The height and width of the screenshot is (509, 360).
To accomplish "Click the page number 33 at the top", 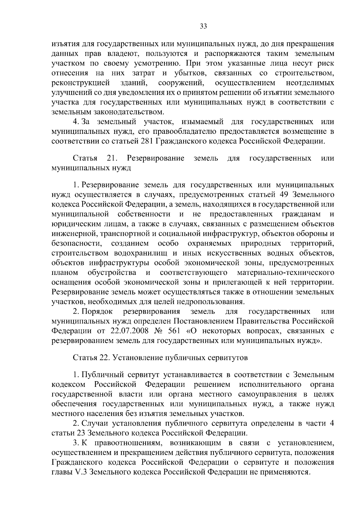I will pyautogui.click(x=203, y=26).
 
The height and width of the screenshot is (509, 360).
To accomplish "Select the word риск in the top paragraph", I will pyautogui.click(x=325, y=64).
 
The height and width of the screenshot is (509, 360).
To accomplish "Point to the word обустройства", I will pyautogui.click(x=112, y=273).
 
